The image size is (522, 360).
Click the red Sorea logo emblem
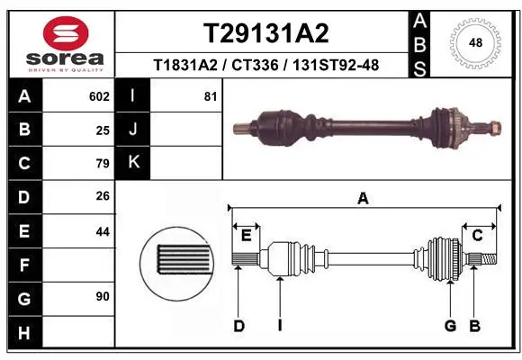(66, 33)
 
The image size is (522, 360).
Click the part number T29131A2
(266, 33)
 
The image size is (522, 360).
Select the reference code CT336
(255, 65)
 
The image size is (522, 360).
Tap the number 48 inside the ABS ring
(475, 42)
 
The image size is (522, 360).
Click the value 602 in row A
(99, 96)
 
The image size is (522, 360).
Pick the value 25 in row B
(103, 130)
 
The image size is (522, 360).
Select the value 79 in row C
(103, 164)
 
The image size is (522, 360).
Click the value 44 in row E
(103, 231)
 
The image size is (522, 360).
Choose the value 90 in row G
(103, 296)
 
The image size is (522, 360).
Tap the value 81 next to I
(211, 96)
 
